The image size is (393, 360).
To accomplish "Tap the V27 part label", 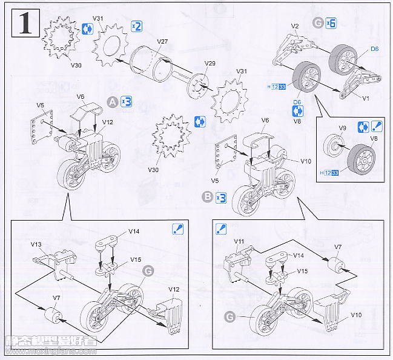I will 162,41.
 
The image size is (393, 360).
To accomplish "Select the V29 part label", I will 210,63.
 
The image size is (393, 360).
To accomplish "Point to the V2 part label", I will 296,26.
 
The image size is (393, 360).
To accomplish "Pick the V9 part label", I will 342,128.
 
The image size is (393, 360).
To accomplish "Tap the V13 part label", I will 36,244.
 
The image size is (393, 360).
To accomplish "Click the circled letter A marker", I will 112,102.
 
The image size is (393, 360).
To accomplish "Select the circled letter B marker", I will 208,196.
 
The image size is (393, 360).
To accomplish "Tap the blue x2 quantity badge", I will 136,26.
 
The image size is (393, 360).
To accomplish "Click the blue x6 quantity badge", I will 331,22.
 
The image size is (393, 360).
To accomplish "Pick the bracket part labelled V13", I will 51,259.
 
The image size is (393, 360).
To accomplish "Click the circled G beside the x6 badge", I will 319,22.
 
